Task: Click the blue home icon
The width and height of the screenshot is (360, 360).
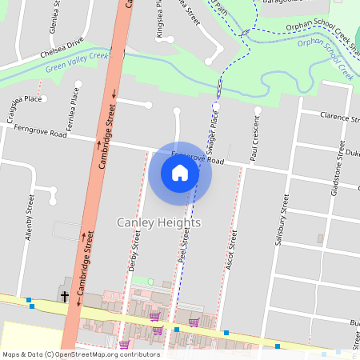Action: point(180,173)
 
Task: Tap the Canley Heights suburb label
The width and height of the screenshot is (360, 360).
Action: point(158,222)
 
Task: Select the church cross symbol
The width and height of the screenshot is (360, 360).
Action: point(65,297)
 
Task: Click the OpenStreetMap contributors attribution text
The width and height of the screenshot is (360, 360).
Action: point(80,354)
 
